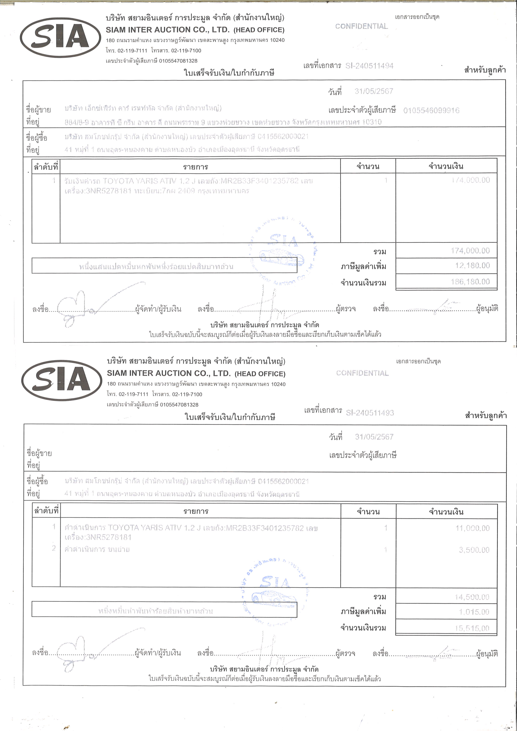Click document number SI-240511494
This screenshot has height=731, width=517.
tap(369, 66)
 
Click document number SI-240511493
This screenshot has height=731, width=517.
tap(370, 413)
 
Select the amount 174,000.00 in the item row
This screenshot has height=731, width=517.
tap(470, 180)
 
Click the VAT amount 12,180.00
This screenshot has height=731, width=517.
tap(472, 266)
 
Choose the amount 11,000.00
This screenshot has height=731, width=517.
tap(472, 528)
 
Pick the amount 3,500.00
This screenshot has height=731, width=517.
tap(474, 550)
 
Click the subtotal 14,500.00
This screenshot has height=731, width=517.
tap(472, 597)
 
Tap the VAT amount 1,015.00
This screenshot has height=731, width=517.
tap(474, 612)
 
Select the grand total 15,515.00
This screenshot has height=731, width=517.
tap(472, 628)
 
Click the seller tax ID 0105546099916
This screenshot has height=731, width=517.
tap(431, 110)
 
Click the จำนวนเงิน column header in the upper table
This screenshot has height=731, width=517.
tap(446, 166)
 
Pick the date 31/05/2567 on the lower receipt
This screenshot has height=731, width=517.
tap(374, 437)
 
